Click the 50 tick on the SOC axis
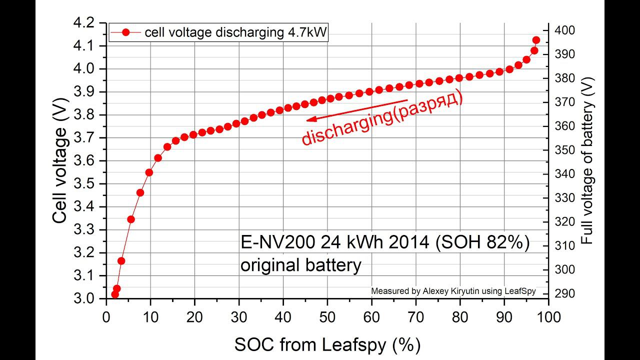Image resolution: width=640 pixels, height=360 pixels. coord(327,316)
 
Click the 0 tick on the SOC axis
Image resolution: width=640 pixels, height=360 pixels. coord(106,316)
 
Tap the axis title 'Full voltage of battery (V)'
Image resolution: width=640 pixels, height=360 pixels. coord(587,160)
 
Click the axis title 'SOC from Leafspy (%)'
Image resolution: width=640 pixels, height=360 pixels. coord(327,344)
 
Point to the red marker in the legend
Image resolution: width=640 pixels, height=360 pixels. coord(125,32)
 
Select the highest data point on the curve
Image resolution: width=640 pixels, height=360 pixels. coord(536,40)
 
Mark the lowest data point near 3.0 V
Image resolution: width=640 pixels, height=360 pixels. coord(115,294)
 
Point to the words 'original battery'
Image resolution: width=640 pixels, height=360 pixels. coord(300,265)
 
